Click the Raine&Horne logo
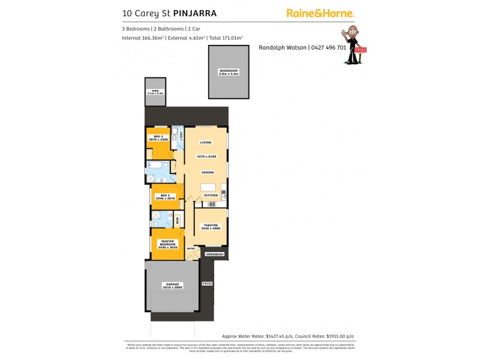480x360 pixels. (x=320, y=13)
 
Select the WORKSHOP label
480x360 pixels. (x=228, y=71)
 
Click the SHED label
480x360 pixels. (x=155, y=91)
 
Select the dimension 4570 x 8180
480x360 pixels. (x=206, y=157)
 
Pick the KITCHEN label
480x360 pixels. (x=209, y=196)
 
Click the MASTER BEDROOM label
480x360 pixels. (x=167, y=243)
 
